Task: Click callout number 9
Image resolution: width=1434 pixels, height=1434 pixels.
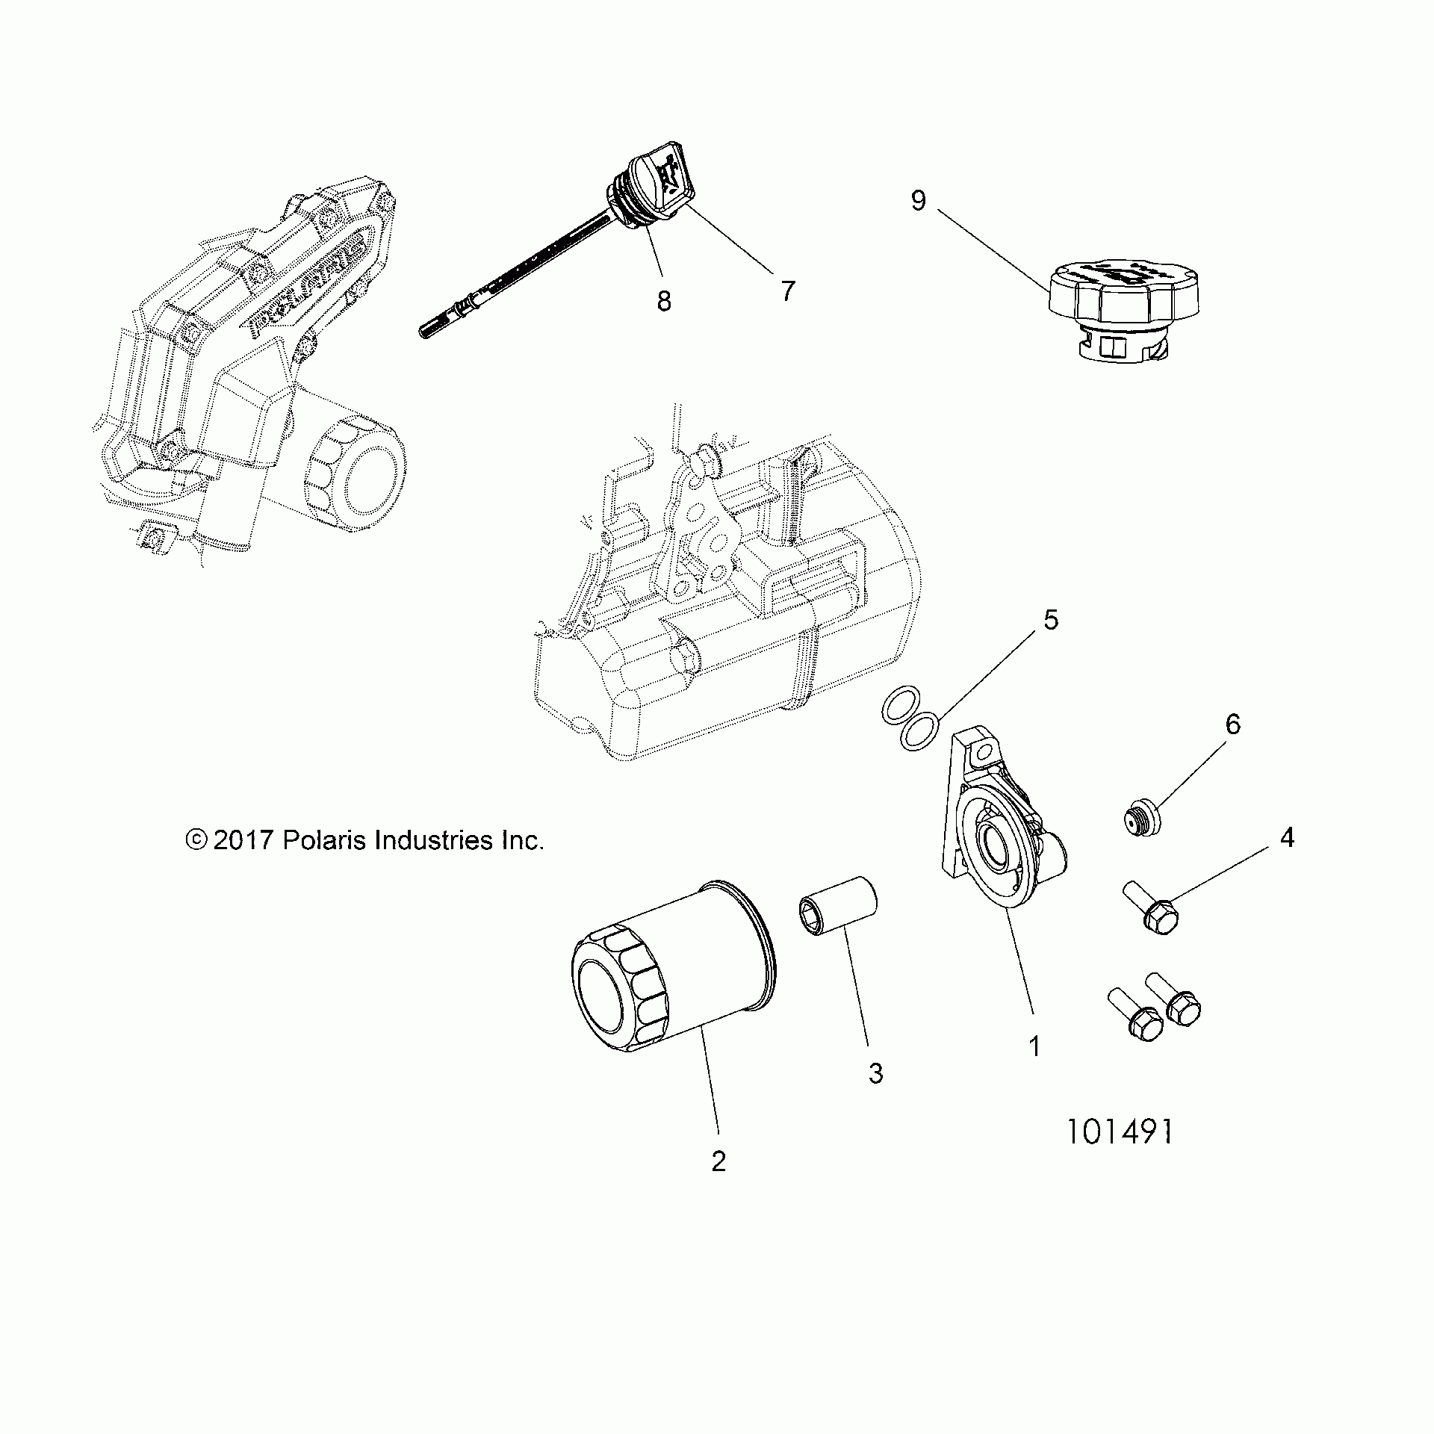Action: click(919, 201)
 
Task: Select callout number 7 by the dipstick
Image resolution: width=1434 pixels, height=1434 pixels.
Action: click(788, 290)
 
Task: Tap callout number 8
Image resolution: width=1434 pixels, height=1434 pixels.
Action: click(664, 301)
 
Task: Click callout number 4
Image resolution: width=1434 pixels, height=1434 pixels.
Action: click(1287, 838)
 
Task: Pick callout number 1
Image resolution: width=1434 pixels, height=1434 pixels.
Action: click(1034, 1047)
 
